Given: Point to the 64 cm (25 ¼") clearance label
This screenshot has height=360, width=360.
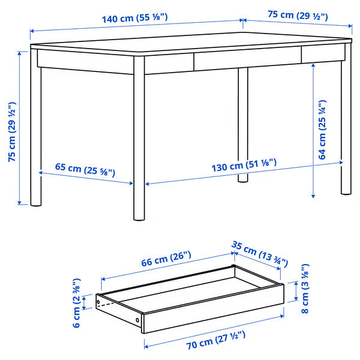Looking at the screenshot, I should (x=322, y=129).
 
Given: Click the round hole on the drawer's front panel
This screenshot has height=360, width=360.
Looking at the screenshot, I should (x=141, y=320).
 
